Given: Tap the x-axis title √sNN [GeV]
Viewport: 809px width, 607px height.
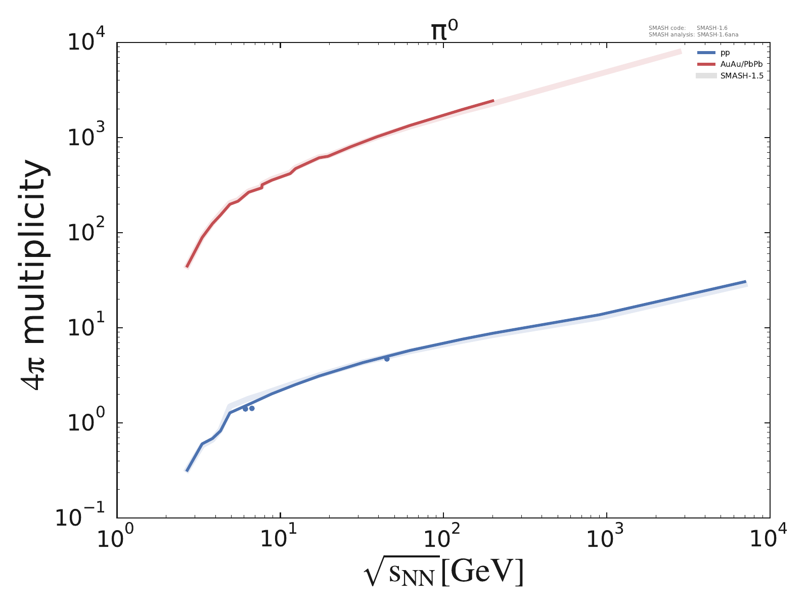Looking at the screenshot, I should pos(443,573).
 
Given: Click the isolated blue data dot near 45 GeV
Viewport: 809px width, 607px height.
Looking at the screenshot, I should pos(387,359).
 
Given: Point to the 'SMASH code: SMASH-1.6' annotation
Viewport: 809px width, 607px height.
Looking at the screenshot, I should pos(688,28).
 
